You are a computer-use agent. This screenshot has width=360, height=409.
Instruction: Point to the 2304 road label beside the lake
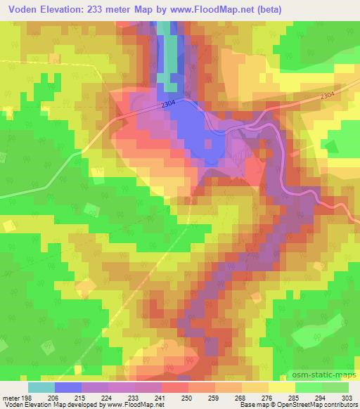(x=167, y=104)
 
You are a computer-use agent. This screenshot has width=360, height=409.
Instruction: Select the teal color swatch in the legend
(x=41, y=387)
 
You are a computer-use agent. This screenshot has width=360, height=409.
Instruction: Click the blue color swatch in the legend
(x=68, y=387)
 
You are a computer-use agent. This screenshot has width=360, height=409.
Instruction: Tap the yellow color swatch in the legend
(x=281, y=387)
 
